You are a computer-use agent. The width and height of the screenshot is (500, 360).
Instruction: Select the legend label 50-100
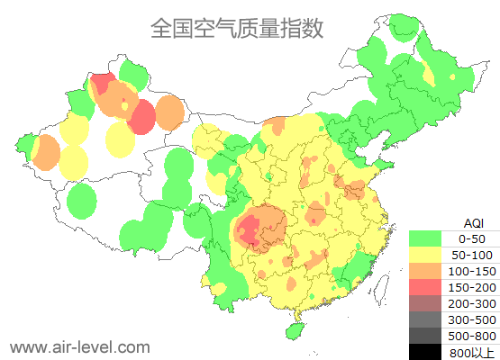pos(471,255)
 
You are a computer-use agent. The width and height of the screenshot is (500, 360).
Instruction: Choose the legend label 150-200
pos(471,287)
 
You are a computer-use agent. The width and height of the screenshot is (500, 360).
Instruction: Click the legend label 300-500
pos(471,319)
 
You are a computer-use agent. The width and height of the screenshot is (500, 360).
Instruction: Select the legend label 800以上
pos(471,352)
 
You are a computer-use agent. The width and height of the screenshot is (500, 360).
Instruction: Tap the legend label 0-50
pos(471,238)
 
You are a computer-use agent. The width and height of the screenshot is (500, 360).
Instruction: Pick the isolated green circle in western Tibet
pos(82,200)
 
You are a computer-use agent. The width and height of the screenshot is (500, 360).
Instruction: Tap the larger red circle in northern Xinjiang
pos(141,116)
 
